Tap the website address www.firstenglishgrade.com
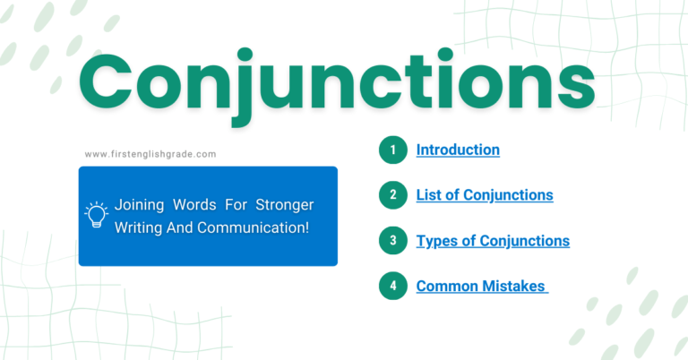click(x=150, y=154)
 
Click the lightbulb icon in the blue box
click(x=96, y=215)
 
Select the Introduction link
click(x=458, y=150)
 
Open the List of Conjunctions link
click(x=484, y=194)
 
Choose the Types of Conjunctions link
click(x=493, y=241)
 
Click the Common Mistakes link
click(x=481, y=287)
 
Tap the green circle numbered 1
click(x=391, y=150)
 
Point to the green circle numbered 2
click(x=391, y=195)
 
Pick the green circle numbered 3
click(x=391, y=241)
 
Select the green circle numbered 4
click(x=391, y=287)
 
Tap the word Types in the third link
click(x=436, y=241)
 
